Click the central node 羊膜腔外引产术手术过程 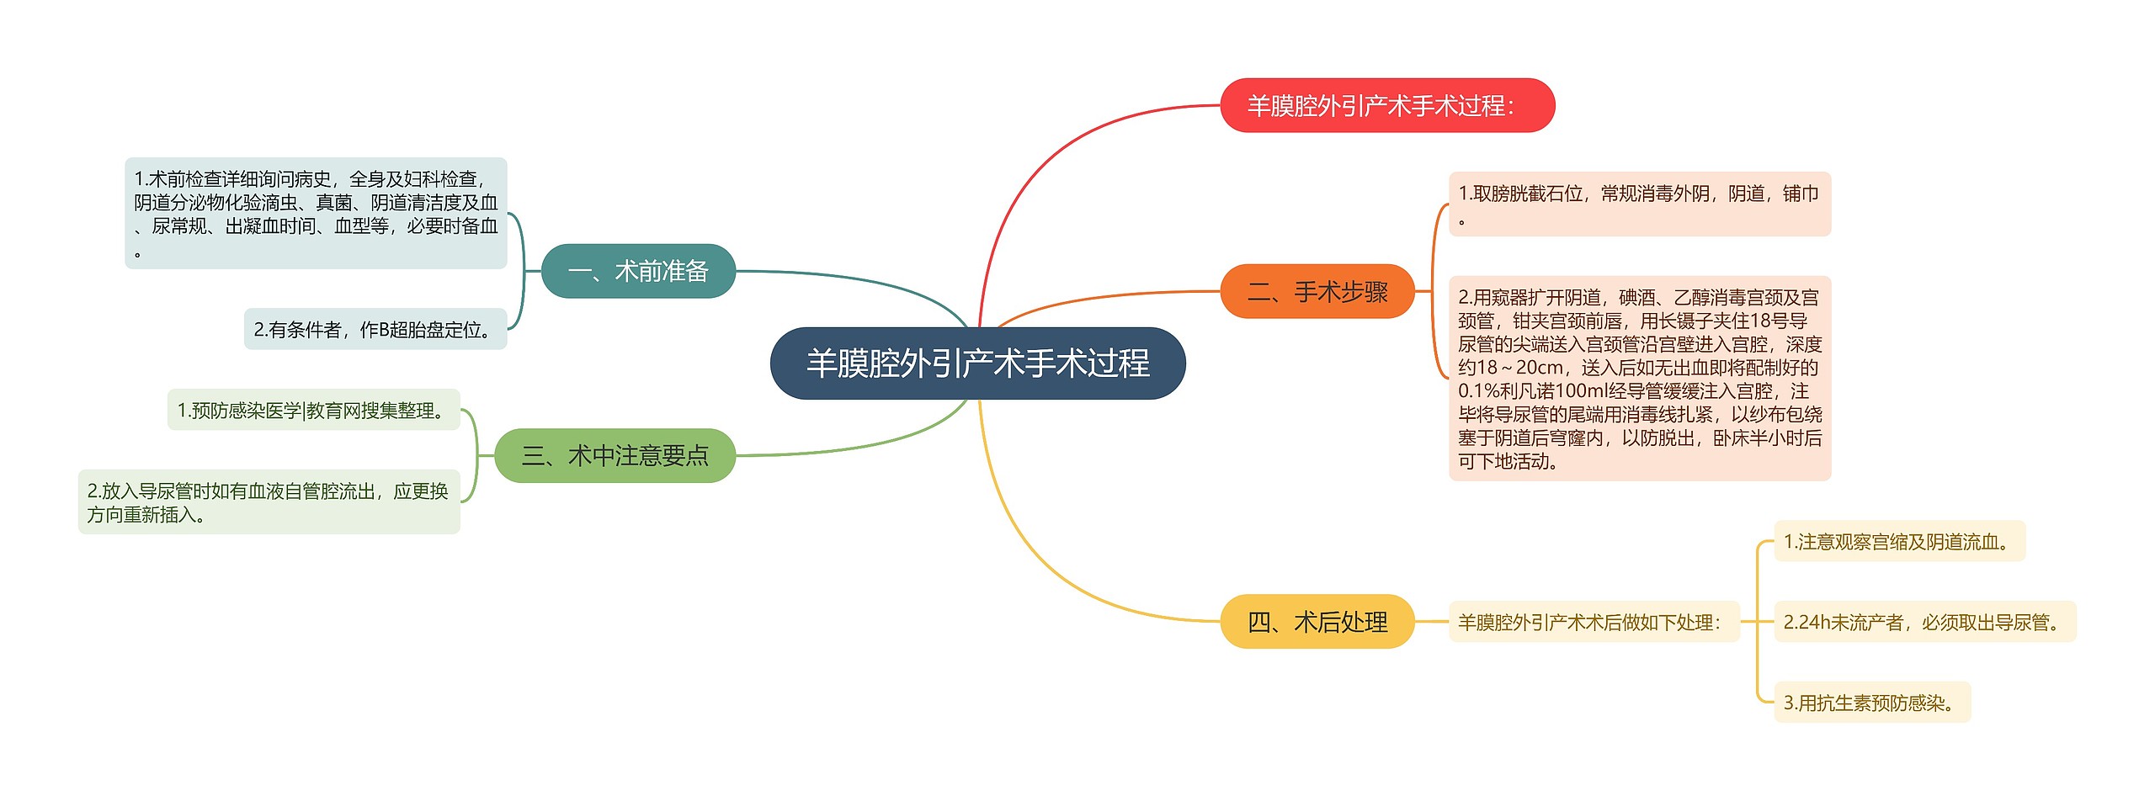pos(977,363)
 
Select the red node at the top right pos(1387,105)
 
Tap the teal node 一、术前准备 pos(638,271)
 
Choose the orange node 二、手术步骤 pos(1317,291)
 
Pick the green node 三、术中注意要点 pos(615,455)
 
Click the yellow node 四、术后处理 pos(1317,622)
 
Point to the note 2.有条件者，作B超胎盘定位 pos(375,330)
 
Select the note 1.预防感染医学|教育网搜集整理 pos(313,410)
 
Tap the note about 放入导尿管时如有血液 pos(269,501)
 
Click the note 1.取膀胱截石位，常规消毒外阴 pos(1640,204)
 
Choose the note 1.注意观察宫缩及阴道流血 pos(1899,541)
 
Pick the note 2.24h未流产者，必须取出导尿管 pos(1925,622)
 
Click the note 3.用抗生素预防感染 pos(1872,703)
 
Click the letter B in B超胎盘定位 pos(384,330)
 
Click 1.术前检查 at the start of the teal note pos(178,179)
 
